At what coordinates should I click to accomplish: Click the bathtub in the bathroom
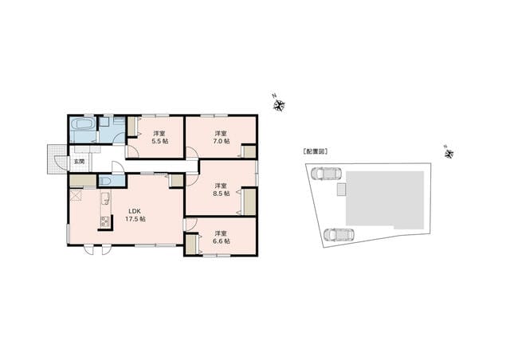point(83,124)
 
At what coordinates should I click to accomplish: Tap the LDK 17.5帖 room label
point(135,215)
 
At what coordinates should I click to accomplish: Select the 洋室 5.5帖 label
point(159,137)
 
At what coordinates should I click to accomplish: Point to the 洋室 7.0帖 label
point(222,137)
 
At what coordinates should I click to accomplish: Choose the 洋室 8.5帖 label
point(222,190)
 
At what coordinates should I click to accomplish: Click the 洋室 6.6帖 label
point(222,237)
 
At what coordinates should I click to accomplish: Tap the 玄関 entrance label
point(78,162)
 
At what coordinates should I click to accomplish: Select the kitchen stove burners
point(104,221)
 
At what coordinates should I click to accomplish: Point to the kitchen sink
point(105,198)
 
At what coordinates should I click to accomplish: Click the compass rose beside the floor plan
point(279,105)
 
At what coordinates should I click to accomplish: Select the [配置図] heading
point(315,151)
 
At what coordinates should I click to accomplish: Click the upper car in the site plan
point(326,174)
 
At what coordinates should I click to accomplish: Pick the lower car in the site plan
point(339,234)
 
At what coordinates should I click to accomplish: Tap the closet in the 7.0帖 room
point(249,152)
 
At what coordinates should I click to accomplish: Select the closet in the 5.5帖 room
point(132,126)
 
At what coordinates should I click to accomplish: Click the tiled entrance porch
point(57,159)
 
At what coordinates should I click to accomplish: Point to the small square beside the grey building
point(341,190)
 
